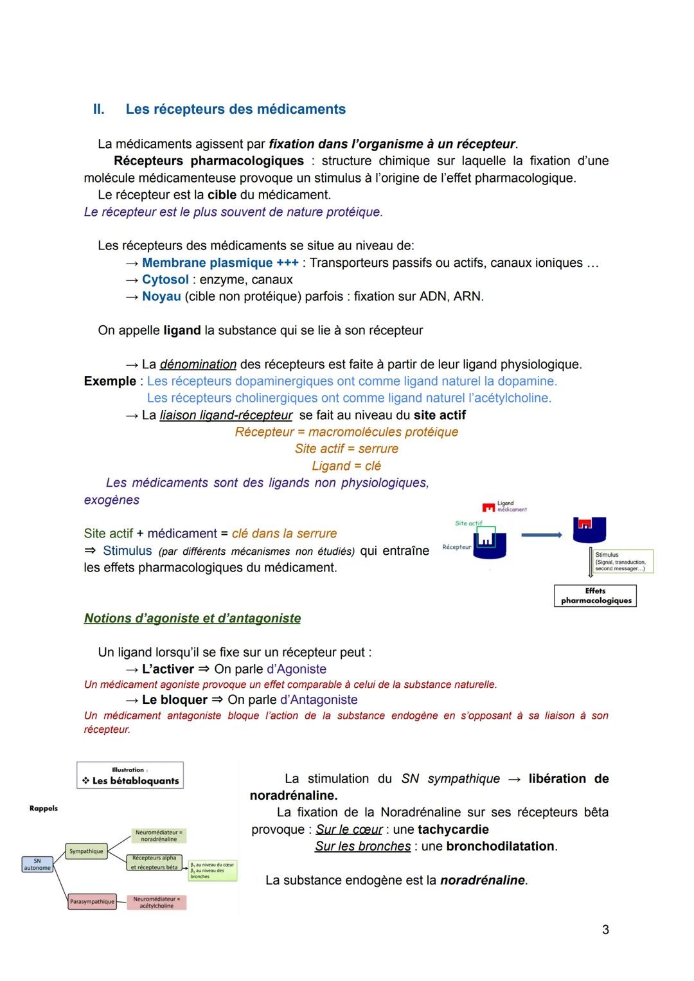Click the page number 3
pyautogui.click(x=605, y=930)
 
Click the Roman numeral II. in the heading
pyautogui.click(x=98, y=109)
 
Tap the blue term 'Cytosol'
pyautogui.click(x=165, y=280)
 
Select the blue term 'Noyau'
pyautogui.click(x=161, y=296)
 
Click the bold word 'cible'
pyautogui.click(x=222, y=195)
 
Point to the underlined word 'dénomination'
pyautogui.click(x=198, y=364)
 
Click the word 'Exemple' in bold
pyautogui.click(x=110, y=381)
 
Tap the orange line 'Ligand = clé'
pyautogui.click(x=346, y=466)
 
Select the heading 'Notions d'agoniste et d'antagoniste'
pyautogui.click(x=192, y=618)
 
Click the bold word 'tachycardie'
pyautogui.click(x=453, y=829)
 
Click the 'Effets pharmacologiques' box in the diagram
pyautogui.click(x=595, y=595)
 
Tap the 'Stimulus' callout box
pyautogui.click(x=621, y=561)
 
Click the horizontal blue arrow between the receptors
pyautogui.click(x=541, y=534)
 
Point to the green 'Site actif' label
pyautogui.click(x=468, y=523)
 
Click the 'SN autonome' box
pyautogui.click(x=37, y=864)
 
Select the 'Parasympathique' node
pyautogui.click(x=92, y=901)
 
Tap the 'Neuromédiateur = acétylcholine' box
pyautogui.click(x=157, y=903)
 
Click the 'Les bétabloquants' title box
pyautogui.click(x=130, y=776)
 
